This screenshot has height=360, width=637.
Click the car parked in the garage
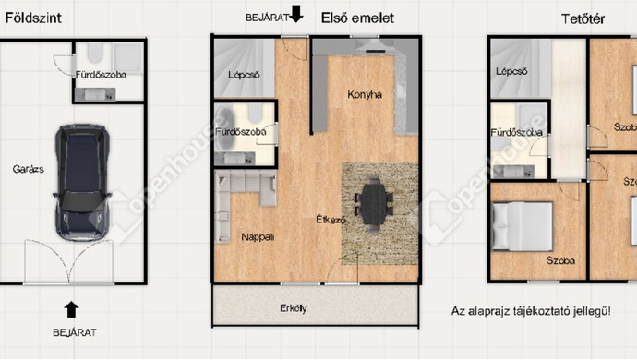(x=82, y=182)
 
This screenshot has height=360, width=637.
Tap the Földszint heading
(x=33, y=18)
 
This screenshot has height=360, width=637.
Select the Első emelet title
(x=357, y=18)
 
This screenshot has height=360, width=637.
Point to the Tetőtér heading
(x=583, y=18)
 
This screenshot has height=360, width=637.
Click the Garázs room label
(x=28, y=169)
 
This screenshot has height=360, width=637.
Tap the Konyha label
(x=365, y=95)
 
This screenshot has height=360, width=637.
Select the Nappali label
(x=258, y=237)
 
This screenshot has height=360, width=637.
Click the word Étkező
(x=331, y=220)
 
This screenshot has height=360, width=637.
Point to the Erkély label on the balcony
(x=294, y=308)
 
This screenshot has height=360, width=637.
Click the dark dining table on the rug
(x=374, y=204)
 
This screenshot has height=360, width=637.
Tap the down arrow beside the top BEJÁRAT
(x=297, y=14)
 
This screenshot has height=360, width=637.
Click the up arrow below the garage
(x=71, y=309)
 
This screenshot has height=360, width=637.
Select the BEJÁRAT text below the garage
(x=75, y=333)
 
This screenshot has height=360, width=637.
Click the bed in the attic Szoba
(x=523, y=226)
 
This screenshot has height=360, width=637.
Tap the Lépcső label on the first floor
(x=244, y=75)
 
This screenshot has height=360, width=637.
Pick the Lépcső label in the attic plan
(x=511, y=71)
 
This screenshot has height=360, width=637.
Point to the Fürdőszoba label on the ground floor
(x=101, y=75)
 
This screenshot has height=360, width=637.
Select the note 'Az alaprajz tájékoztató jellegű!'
(x=531, y=311)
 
